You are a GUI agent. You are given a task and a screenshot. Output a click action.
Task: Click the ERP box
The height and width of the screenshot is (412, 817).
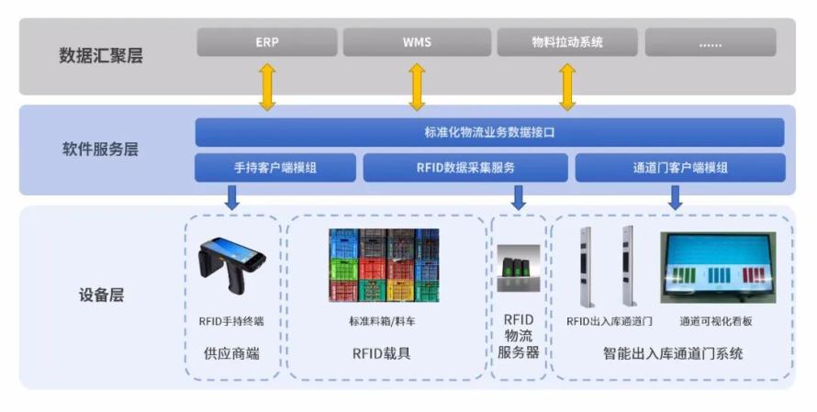pos(267,42)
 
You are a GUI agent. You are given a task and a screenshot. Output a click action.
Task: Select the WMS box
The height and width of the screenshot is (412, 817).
pos(417,42)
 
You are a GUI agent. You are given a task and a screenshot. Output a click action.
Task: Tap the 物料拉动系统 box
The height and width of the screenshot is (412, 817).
pos(567,42)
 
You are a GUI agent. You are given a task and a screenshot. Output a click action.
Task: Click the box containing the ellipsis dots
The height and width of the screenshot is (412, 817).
pos(711,42)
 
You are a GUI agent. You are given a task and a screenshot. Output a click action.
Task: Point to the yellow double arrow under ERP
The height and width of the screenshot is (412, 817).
pos(267,87)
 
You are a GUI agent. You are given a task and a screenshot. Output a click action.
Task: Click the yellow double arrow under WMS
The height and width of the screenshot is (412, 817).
pos(417,87)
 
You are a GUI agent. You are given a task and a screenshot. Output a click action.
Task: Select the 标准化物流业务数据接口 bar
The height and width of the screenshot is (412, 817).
pos(490,132)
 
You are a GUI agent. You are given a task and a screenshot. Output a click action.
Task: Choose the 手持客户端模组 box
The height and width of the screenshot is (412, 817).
pos(275,168)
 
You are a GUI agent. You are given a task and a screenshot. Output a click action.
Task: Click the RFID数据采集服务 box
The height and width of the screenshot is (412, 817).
pos(465,168)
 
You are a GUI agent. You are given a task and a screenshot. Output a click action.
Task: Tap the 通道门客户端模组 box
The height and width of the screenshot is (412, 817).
pos(680,168)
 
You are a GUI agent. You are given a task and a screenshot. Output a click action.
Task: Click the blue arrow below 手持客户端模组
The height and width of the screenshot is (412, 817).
pos(232,198)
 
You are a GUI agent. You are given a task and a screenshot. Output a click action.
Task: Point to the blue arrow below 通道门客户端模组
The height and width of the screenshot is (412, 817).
pos(676,198)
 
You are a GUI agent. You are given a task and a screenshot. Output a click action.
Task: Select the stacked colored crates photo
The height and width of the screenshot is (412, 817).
pos(384,265)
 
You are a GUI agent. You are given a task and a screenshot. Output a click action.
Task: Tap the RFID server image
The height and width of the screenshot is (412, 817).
pos(518,268)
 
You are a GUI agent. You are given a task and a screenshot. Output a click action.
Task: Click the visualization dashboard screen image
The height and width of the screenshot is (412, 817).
pos(718,268)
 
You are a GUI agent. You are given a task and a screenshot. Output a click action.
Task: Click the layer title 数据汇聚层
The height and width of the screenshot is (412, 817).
pos(101,55)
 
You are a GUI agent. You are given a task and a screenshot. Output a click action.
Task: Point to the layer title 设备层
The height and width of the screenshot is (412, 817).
pos(101,295)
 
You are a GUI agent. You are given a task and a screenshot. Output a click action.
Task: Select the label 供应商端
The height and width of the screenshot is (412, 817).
pos(231,353)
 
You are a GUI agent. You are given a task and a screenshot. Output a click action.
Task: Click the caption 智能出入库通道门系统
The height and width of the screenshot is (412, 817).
pos(673,353)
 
